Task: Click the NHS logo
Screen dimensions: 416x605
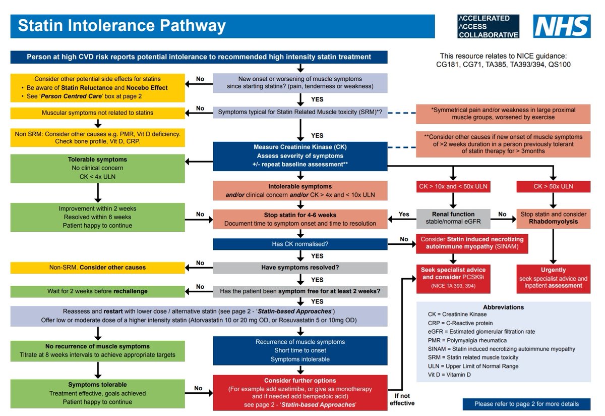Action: point(562,27)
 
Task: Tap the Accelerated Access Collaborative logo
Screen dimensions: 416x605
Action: point(488,27)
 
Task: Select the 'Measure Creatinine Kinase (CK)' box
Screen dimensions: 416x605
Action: point(300,155)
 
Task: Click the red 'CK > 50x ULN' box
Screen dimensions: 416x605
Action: point(553,186)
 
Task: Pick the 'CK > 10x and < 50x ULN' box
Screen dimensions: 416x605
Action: point(452,186)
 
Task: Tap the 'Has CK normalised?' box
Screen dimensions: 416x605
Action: point(300,244)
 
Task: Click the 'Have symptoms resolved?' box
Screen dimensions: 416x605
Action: point(300,268)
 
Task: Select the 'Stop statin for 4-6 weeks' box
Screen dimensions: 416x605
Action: point(300,219)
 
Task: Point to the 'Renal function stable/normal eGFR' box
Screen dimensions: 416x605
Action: point(452,219)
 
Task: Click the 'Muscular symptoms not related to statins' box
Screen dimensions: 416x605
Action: point(97,113)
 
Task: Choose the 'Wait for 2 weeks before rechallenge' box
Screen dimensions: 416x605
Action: point(97,291)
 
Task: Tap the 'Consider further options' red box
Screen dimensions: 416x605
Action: point(300,392)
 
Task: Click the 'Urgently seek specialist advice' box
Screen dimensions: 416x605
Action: point(553,278)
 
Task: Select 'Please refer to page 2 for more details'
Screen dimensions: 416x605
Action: point(526,404)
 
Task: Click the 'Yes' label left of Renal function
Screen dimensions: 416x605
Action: point(404,214)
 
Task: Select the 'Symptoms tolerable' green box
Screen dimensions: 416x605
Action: point(97,392)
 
